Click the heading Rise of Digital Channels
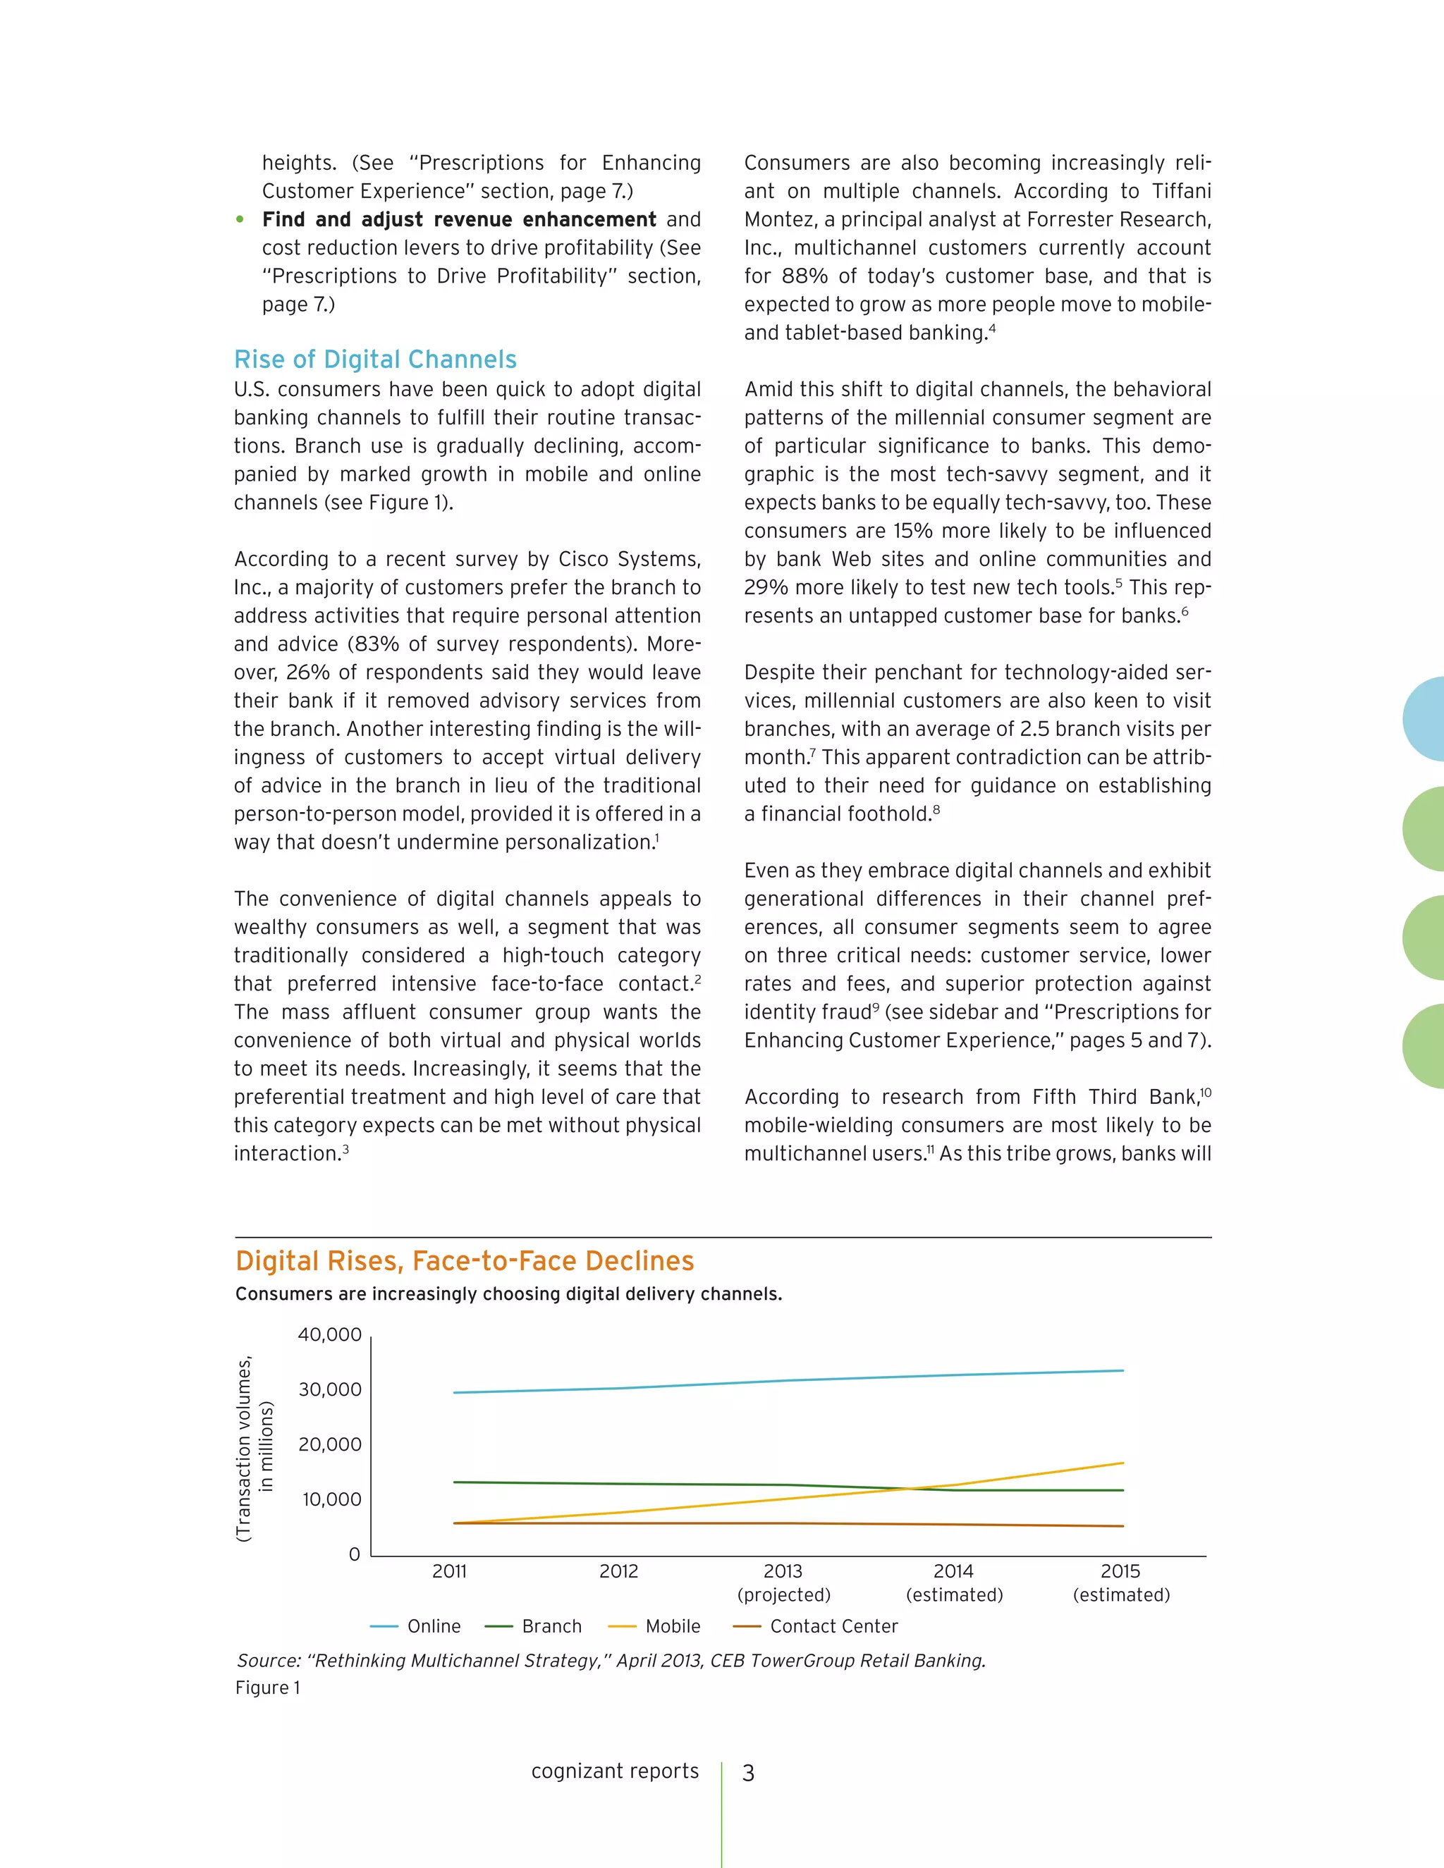(x=376, y=360)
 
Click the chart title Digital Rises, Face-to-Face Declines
(x=465, y=1261)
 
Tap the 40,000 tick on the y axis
(x=329, y=1335)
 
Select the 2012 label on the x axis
(x=618, y=1571)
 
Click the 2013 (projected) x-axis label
(x=783, y=1583)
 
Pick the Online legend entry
(x=416, y=1626)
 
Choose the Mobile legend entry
(x=654, y=1626)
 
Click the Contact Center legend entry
(x=815, y=1626)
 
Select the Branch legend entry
(x=534, y=1626)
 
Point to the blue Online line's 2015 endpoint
(x=1122, y=1371)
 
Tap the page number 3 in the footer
(x=749, y=1773)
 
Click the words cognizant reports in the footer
(x=615, y=1771)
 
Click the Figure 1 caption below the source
(x=268, y=1688)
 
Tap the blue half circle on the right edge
(x=1425, y=718)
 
